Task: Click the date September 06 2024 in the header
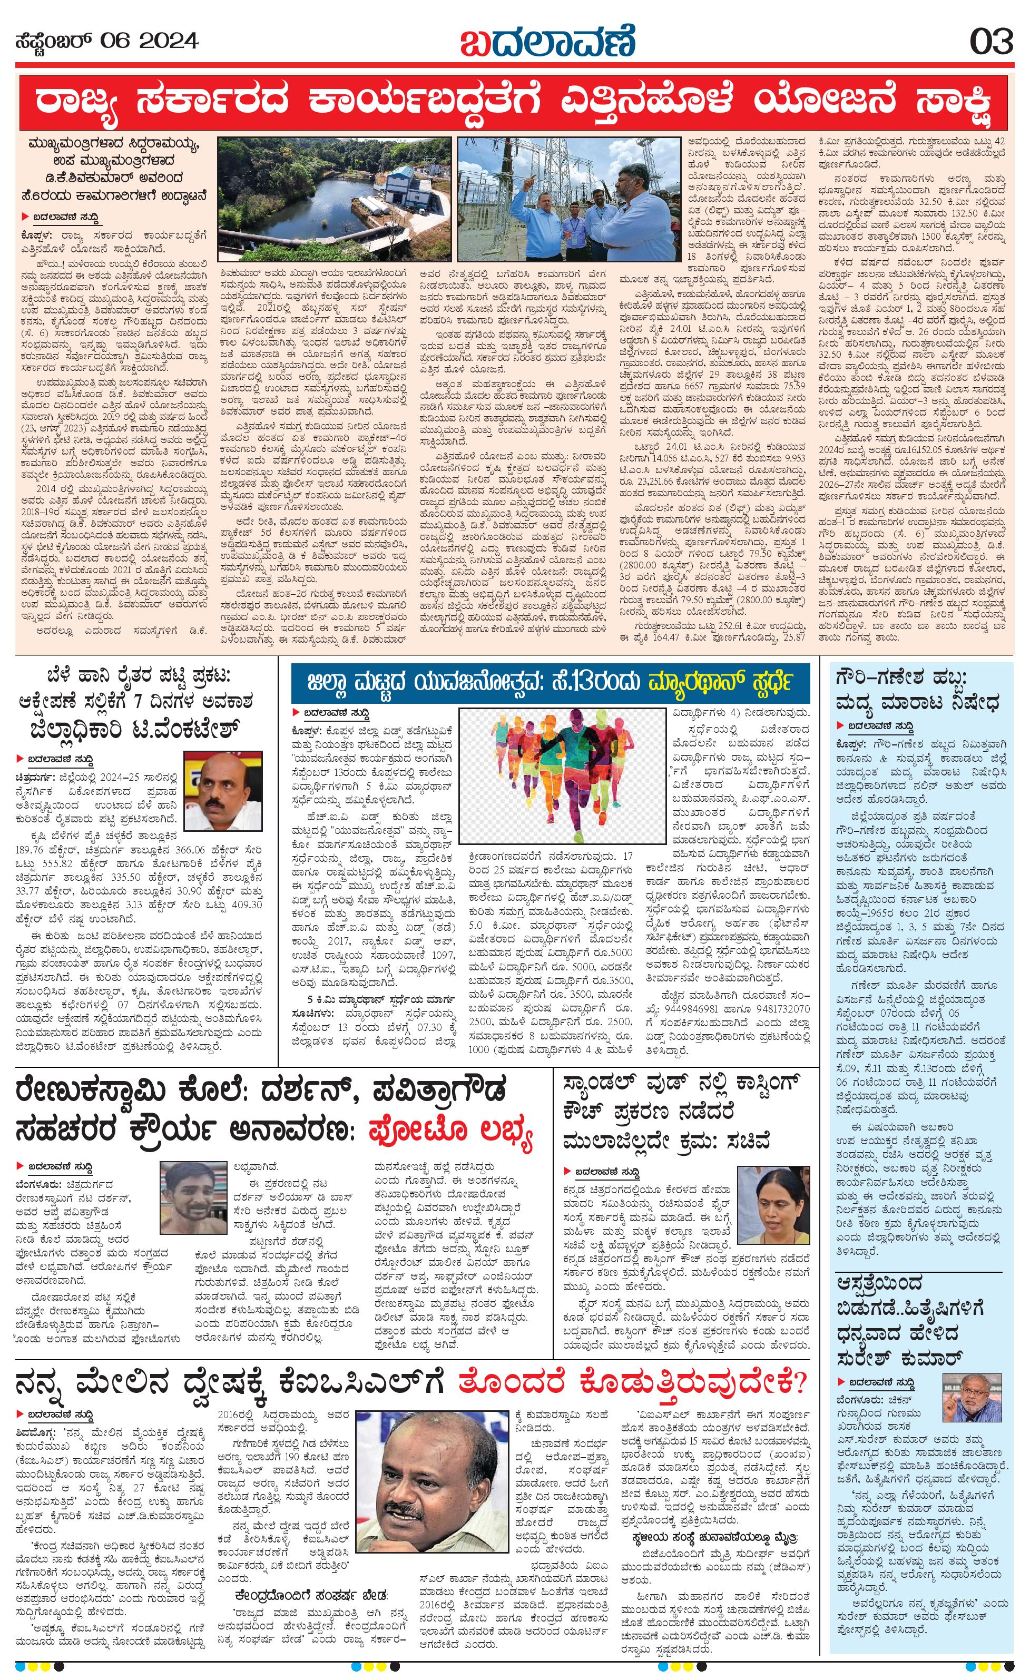point(107,42)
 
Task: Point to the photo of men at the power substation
point(568,199)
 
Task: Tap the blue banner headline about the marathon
point(551,684)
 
